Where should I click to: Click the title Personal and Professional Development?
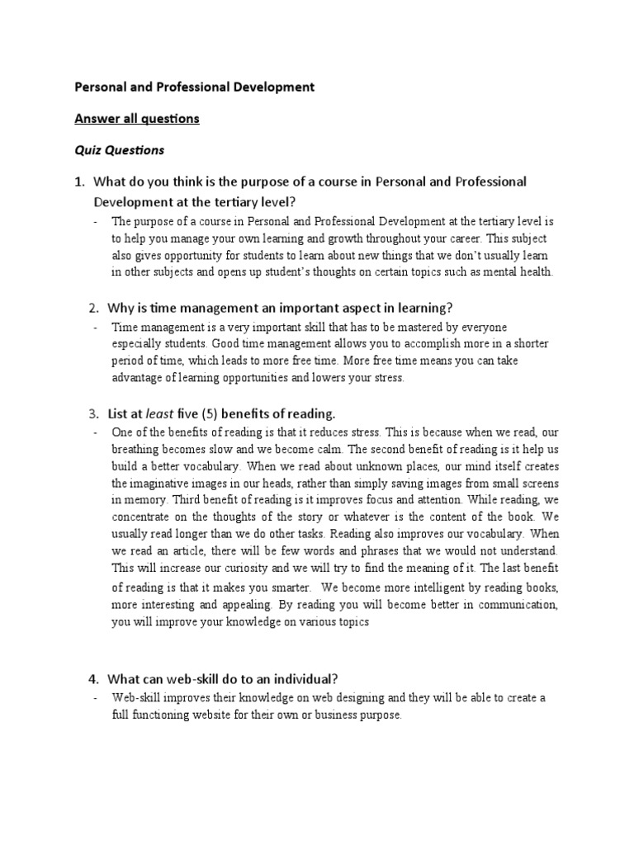pos(195,86)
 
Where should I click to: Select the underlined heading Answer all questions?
pos(137,118)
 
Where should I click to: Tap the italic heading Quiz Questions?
pos(120,150)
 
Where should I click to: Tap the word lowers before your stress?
pos(323,377)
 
